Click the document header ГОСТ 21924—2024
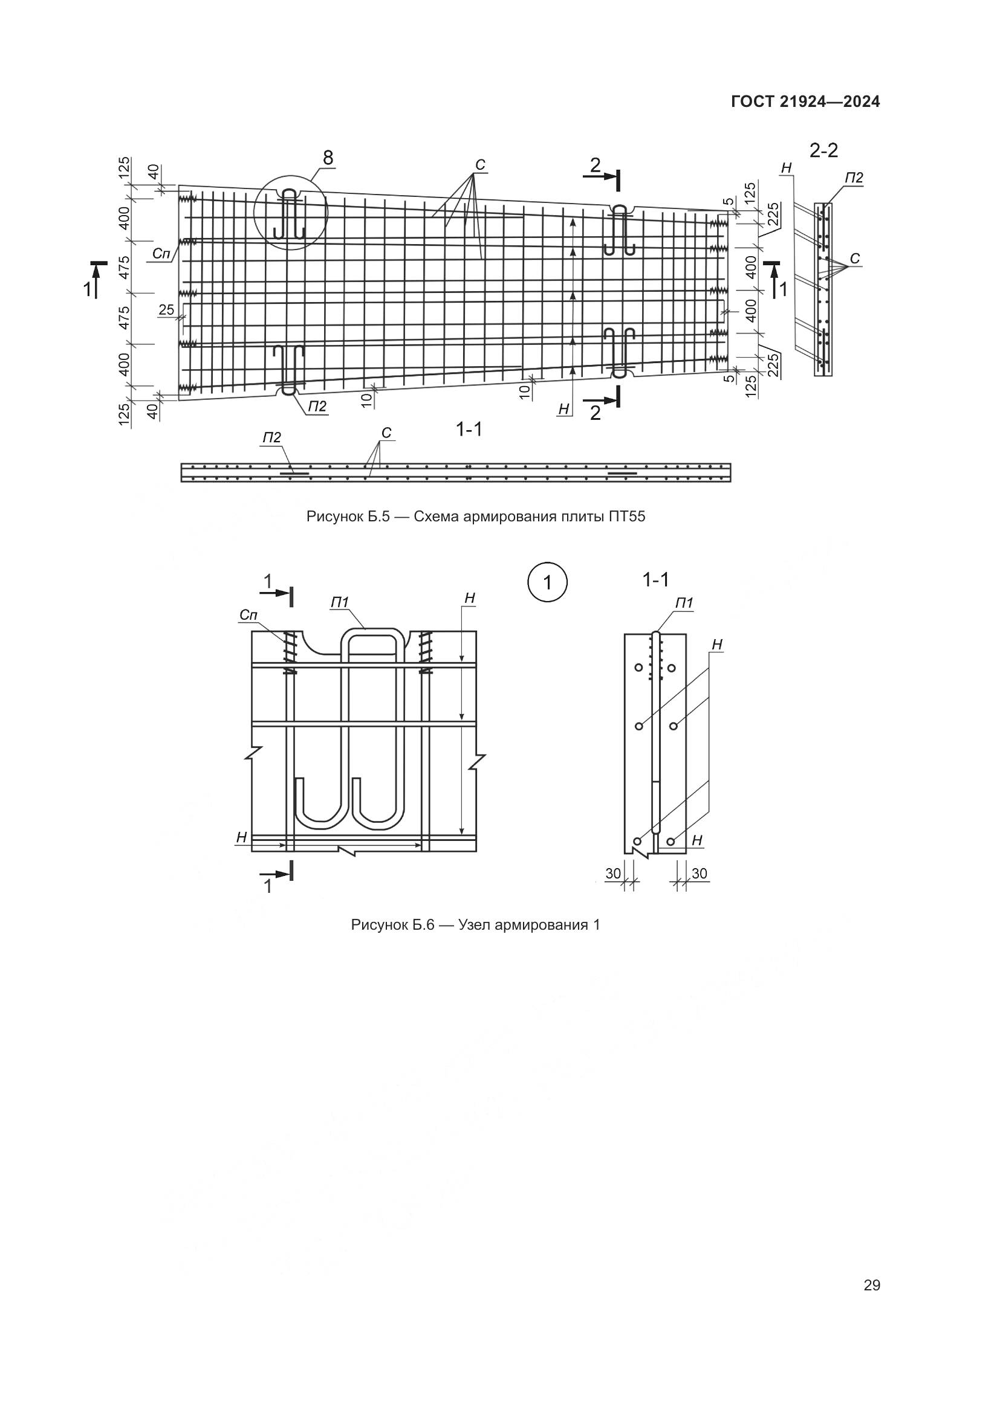coord(805,102)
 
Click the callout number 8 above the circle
coord(328,158)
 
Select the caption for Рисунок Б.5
coord(475,517)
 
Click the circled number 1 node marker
coord(547,582)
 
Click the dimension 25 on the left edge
coord(166,309)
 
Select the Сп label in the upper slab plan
coord(161,253)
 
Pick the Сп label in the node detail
coord(248,615)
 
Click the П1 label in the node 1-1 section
coord(684,604)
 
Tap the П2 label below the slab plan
coord(317,406)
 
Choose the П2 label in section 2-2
coord(854,178)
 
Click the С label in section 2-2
coord(855,259)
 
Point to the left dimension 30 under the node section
coord(612,874)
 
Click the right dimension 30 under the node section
coord(700,874)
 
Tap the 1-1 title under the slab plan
coord(469,430)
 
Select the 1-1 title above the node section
coord(655,579)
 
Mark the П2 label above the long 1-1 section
coord(271,437)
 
